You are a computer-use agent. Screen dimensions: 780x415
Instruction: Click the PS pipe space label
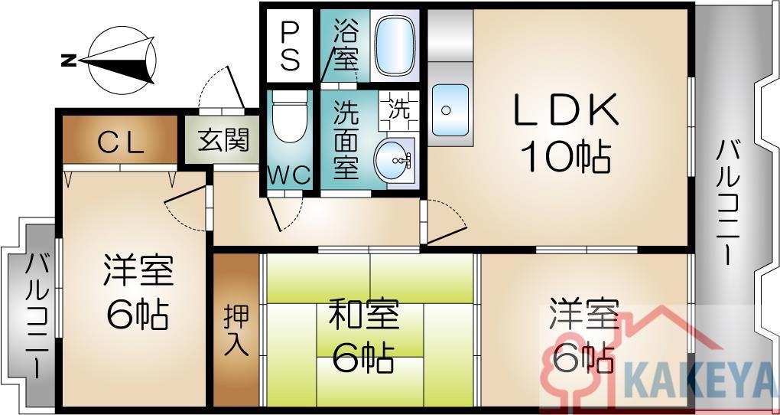290,46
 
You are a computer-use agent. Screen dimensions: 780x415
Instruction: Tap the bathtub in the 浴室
395,45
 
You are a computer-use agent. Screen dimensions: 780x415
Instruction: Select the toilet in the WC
290,116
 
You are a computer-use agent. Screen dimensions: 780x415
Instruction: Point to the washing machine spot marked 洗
398,110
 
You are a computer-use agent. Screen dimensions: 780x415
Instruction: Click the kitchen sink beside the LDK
450,109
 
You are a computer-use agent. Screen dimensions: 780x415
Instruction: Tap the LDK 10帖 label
566,132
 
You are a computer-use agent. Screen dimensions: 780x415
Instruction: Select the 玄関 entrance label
224,140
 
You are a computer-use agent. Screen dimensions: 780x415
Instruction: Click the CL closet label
121,142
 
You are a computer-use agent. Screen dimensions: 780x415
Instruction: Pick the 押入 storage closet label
236,329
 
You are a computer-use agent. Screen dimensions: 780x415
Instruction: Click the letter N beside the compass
67,61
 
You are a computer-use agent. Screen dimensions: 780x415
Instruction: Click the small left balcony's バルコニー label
37,317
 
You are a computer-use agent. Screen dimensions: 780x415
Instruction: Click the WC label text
290,175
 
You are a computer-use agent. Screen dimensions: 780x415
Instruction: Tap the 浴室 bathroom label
346,45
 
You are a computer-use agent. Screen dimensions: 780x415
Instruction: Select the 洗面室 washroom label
346,140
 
